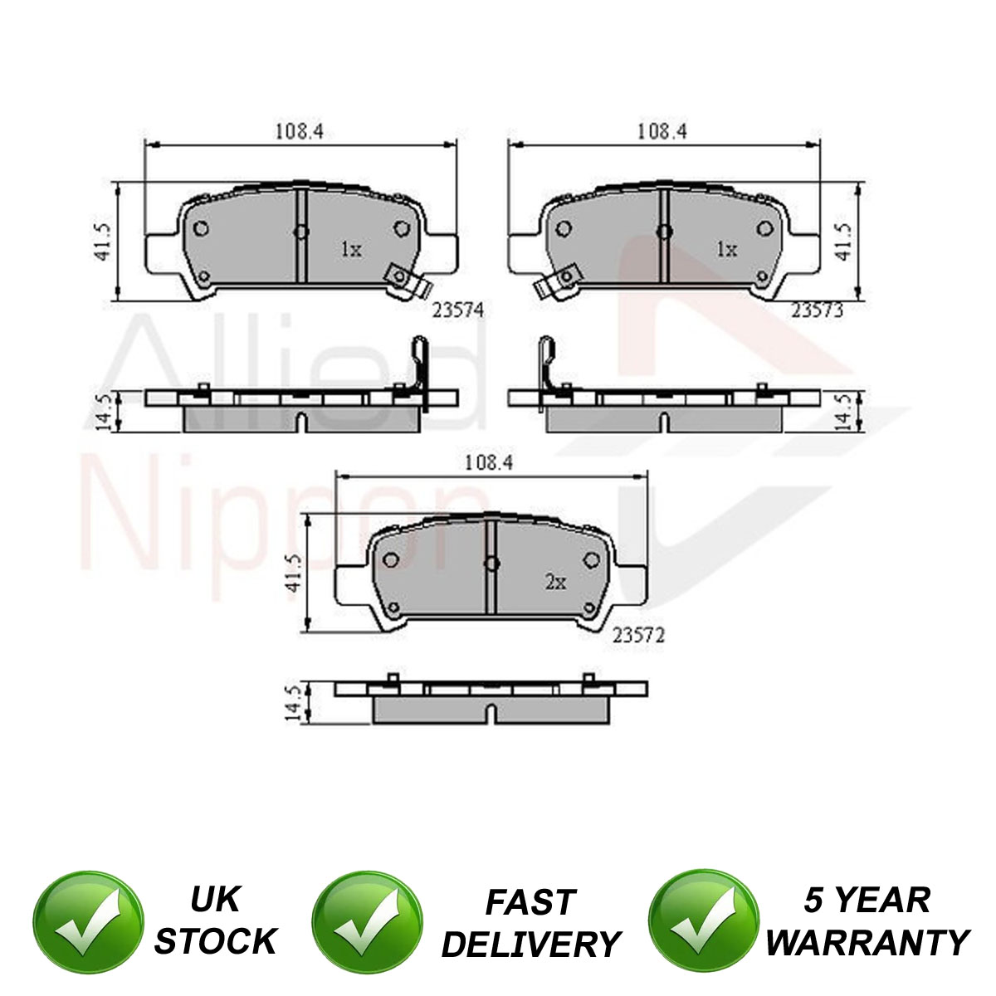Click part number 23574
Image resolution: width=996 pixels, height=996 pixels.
pyautogui.click(x=458, y=310)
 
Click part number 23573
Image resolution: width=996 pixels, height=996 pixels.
pyautogui.click(x=818, y=310)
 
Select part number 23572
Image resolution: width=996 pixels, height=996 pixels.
pyautogui.click(x=638, y=635)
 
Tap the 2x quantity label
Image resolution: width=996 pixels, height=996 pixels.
pyautogui.click(x=555, y=583)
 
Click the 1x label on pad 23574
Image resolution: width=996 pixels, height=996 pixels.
pyautogui.click(x=351, y=250)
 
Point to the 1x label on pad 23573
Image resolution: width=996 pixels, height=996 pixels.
pyautogui.click(x=726, y=250)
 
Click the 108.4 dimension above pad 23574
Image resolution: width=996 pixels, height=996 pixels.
pyautogui.click(x=299, y=131)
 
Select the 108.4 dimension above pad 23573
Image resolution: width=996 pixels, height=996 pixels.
pyautogui.click(x=662, y=131)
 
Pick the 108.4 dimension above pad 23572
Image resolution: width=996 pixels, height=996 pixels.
pyautogui.click(x=489, y=462)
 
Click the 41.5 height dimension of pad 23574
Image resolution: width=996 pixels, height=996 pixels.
pyautogui.click(x=104, y=242)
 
